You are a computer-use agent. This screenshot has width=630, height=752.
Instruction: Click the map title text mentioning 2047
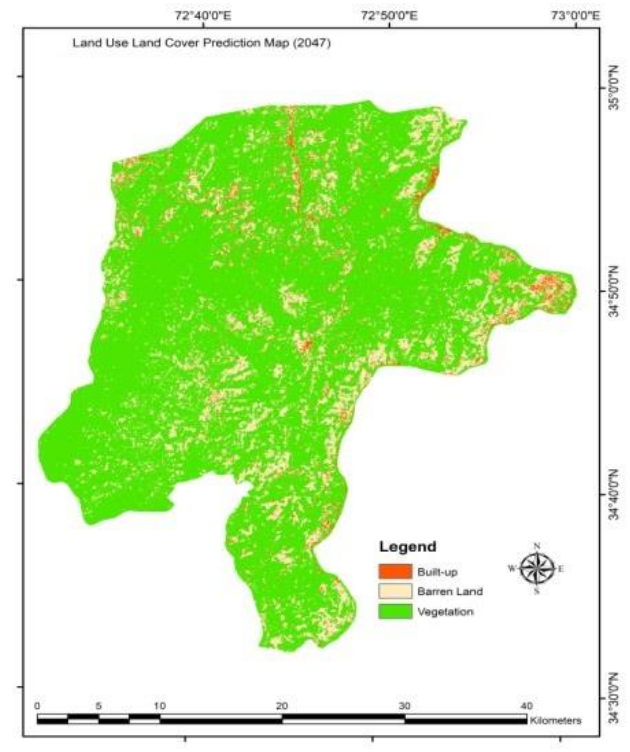201,43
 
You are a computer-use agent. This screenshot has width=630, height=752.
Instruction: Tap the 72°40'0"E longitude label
203,16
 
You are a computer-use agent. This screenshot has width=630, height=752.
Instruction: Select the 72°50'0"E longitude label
389,16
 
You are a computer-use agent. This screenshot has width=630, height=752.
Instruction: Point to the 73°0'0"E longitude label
576,16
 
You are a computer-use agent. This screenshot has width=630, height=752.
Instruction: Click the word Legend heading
408,547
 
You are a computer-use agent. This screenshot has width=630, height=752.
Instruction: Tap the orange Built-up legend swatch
395,572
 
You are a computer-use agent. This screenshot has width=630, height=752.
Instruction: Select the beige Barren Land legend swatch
395,591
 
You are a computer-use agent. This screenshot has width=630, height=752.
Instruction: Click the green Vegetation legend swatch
395,612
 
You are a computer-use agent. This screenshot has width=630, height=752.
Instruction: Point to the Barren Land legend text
450,592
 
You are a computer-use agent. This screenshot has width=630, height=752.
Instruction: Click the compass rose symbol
537,569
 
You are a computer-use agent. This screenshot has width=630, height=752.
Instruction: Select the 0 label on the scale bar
38,706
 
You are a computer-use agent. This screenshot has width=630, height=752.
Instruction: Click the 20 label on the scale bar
282,706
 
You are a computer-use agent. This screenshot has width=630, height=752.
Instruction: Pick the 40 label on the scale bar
526,706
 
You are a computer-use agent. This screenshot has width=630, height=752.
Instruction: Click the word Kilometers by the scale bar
556,721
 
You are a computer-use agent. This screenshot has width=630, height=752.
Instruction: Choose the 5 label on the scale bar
99,706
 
